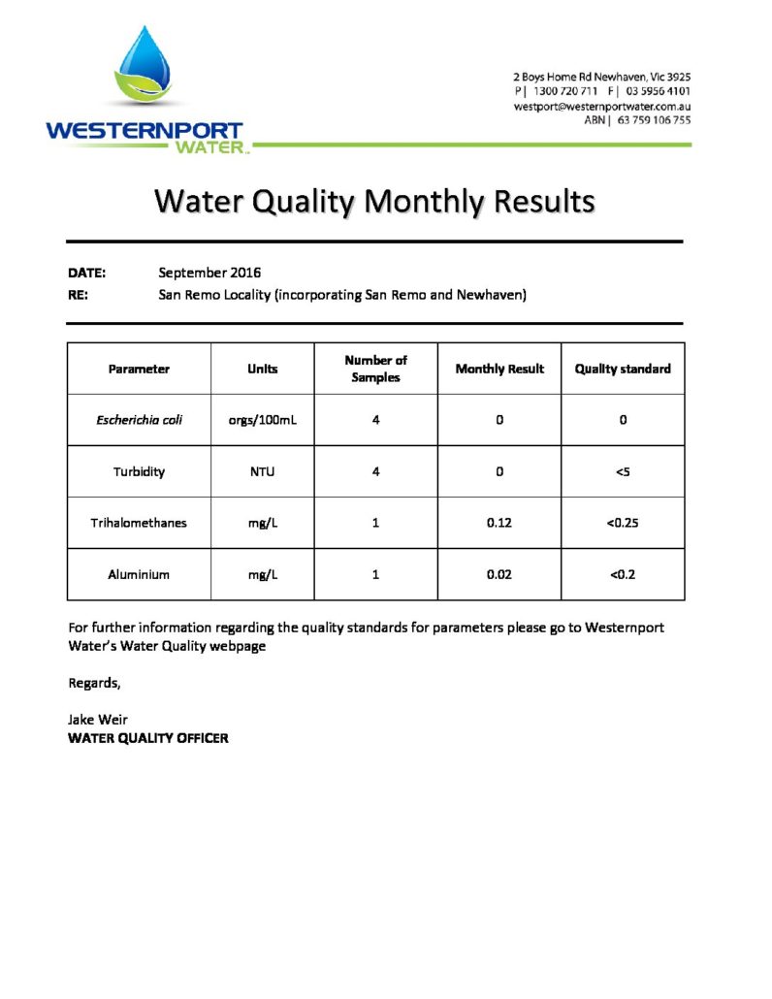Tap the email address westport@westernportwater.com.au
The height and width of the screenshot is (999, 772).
pyautogui.click(x=601, y=106)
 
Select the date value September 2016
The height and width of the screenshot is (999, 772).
pyautogui.click(x=209, y=273)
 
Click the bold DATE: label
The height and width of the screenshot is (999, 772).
pyautogui.click(x=86, y=273)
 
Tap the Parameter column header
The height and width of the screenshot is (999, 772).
pyautogui.click(x=139, y=369)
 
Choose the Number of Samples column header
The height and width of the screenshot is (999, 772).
pyautogui.click(x=375, y=369)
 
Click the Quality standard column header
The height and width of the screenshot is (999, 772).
pyautogui.click(x=623, y=369)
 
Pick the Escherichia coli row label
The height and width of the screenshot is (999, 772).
pyautogui.click(x=139, y=420)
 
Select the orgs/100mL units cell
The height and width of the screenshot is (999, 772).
pyautogui.click(x=262, y=420)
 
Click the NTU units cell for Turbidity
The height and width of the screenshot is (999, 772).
pyautogui.click(x=262, y=471)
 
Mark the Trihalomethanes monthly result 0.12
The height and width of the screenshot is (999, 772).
pyautogui.click(x=499, y=523)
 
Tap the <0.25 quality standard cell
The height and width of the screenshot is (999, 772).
pyautogui.click(x=623, y=523)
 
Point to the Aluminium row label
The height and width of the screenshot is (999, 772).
pyautogui.click(x=139, y=574)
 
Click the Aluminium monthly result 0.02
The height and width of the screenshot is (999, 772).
pyautogui.click(x=499, y=574)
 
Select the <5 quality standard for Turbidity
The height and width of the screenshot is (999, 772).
pyautogui.click(x=623, y=471)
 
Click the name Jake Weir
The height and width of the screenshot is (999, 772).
pyautogui.click(x=98, y=719)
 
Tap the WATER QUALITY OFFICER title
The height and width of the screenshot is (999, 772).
pyautogui.click(x=148, y=738)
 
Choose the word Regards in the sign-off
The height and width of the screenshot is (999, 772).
pyautogui.click(x=94, y=683)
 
